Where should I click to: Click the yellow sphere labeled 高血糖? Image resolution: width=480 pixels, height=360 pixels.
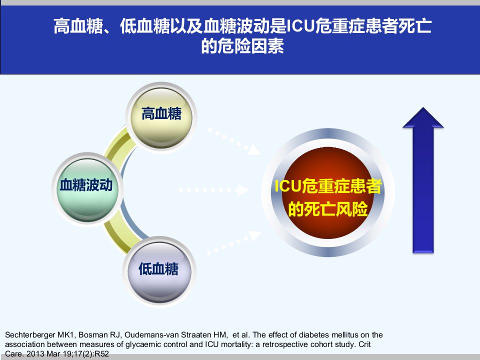(161, 117)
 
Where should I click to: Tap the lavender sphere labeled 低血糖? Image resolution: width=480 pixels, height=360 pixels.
(159, 271)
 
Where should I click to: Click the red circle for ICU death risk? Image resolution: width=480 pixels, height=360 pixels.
(328, 193)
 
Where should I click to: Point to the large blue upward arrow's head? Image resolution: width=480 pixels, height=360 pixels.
(423, 117)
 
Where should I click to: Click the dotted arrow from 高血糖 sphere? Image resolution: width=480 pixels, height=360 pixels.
(234, 141)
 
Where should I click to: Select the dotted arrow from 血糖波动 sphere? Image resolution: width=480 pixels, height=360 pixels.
(214, 190)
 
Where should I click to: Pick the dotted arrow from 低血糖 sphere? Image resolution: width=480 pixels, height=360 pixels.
(234, 243)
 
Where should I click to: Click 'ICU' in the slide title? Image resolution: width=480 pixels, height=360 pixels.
(300, 26)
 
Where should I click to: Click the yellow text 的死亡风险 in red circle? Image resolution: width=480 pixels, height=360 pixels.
(328, 209)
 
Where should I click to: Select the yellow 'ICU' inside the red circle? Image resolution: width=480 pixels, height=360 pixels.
(288, 186)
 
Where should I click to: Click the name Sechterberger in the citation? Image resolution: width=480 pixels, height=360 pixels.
(29, 335)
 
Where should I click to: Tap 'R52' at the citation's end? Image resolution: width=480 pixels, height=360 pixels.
(102, 354)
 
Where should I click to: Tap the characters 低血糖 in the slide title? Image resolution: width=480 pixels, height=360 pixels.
(145, 26)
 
